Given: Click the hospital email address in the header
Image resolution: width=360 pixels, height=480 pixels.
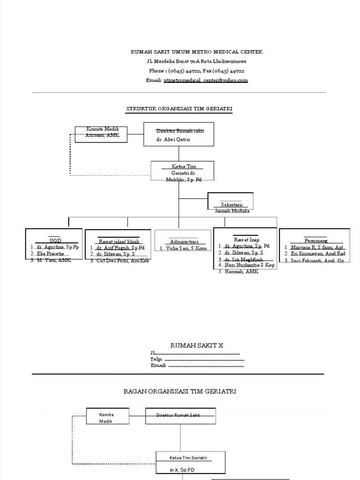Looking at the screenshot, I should pos(205,81).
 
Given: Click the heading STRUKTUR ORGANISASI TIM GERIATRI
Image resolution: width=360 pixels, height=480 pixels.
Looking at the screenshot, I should pos(179,109).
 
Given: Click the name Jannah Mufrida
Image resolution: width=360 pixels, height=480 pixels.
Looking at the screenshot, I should pos(232,211).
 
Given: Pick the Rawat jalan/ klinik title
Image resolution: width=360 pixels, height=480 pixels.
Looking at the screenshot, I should pos(119,241).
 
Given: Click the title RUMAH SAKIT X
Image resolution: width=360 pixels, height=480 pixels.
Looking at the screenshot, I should pos(196,345).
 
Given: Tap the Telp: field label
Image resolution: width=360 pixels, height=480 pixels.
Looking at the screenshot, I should pos(157,359).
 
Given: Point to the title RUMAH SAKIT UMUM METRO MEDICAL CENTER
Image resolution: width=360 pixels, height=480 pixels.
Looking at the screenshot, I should pos(196,52).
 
